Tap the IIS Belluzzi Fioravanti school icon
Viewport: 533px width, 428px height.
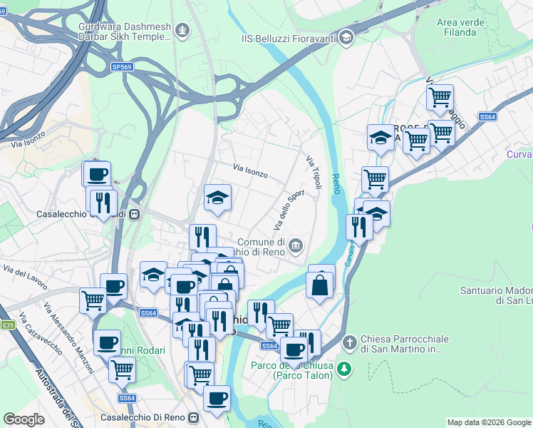coord(346,37)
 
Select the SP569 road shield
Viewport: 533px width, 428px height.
coord(122,66)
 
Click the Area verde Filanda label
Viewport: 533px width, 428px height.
coord(456,27)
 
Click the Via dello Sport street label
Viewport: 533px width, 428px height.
coord(289,210)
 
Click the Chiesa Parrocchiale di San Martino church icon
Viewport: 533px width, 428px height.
coord(349,342)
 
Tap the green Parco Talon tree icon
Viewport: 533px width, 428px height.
coord(344,369)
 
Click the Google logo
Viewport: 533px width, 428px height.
coord(24,419)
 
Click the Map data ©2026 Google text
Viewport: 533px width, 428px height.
coord(489,422)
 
